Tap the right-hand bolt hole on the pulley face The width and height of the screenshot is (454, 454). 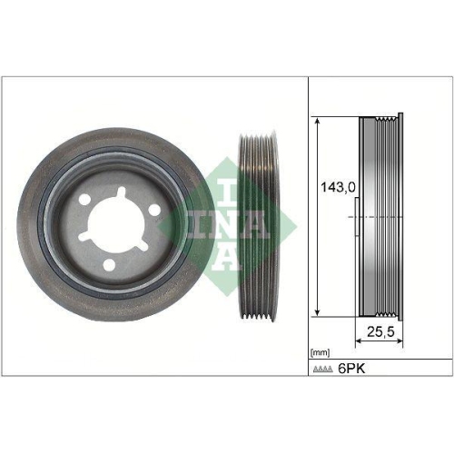point(153,210)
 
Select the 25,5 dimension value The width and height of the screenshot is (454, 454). point(380,333)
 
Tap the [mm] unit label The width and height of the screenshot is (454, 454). point(321,350)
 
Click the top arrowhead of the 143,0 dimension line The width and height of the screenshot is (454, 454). point(318,121)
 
